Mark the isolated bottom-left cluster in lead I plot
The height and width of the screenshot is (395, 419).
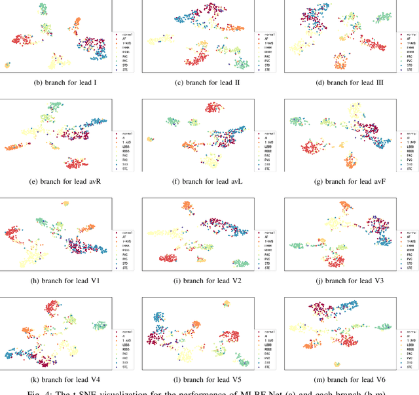point(7,65)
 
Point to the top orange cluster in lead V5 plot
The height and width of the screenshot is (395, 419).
point(227,303)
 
